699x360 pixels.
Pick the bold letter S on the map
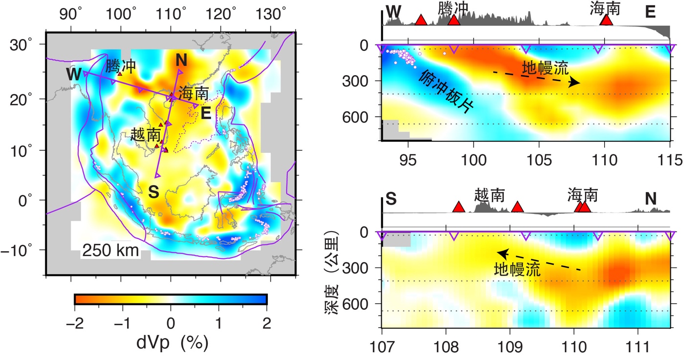pos(153,192)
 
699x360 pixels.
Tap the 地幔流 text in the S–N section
pos(517,270)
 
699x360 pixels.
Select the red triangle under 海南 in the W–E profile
pos(606,20)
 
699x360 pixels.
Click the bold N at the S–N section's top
pos(650,198)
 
